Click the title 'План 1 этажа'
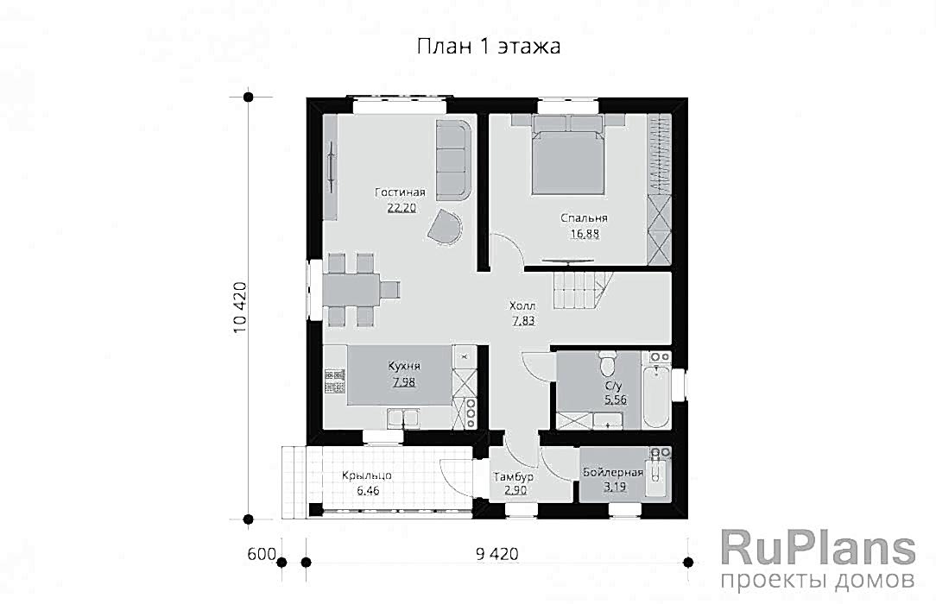(x=489, y=46)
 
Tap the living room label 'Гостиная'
(x=400, y=192)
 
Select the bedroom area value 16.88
(x=585, y=234)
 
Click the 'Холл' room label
(x=522, y=305)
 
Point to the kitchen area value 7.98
(x=404, y=381)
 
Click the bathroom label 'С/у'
(x=615, y=386)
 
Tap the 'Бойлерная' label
(x=613, y=473)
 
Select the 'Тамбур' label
(x=514, y=477)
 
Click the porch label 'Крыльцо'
(x=366, y=475)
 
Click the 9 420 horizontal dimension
(x=496, y=554)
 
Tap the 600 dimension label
(x=261, y=554)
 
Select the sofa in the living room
(x=452, y=160)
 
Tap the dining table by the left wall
(x=352, y=290)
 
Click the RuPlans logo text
(x=818, y=549)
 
